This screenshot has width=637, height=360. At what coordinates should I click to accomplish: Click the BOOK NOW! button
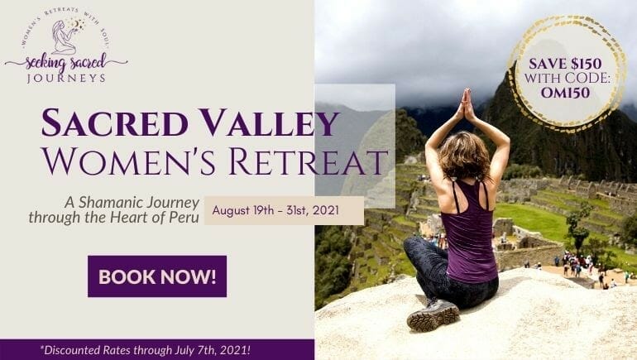(157, 276)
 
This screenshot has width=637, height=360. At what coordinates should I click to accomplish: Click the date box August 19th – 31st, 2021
(284, 210)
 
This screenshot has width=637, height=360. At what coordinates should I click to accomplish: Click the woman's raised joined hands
(466, 105)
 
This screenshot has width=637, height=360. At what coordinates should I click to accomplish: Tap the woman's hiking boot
(433, 314)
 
